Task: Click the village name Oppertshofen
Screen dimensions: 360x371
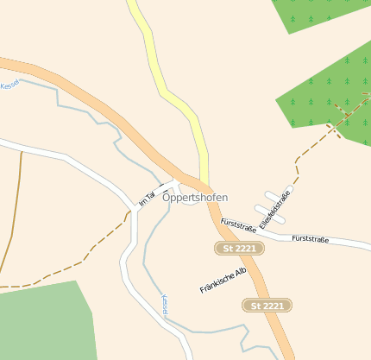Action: click(x=195, y=198)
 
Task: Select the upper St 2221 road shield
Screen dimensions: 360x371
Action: click(x=239, y=249)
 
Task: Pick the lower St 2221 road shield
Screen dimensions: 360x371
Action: click(x=267, y=306)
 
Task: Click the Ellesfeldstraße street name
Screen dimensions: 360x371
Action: click(x=275, y=208)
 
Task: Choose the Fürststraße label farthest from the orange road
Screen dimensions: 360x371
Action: click(x=311, y=238)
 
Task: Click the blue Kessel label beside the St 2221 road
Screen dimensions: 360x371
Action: click(x=165, y=306)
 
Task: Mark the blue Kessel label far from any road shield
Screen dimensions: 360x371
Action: click(x=10, y=85)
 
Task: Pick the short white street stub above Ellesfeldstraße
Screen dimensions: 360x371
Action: click(x=275, y=195)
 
